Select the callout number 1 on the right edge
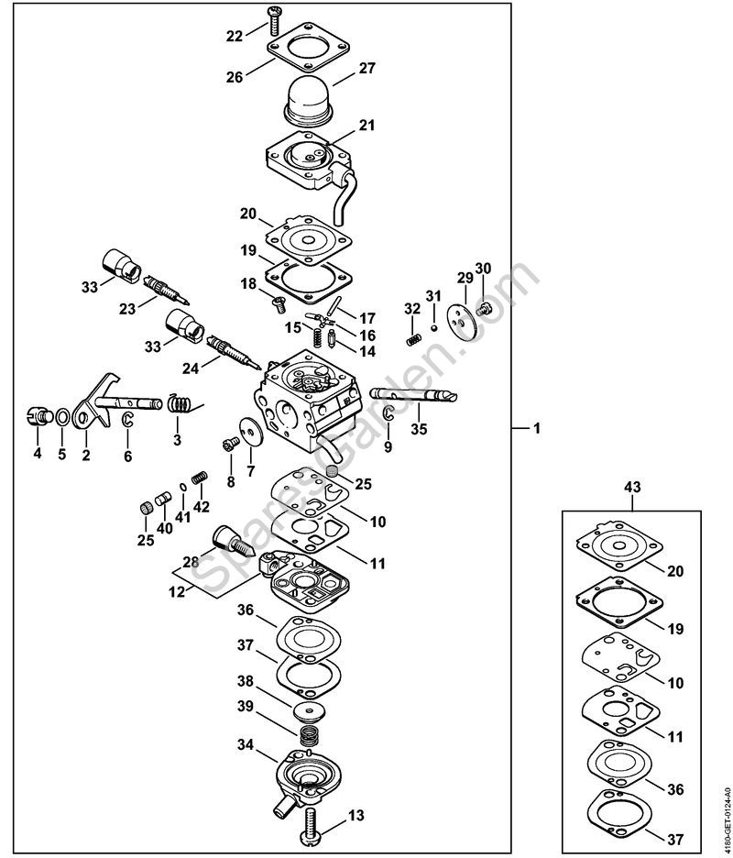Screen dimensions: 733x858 click(537, 428)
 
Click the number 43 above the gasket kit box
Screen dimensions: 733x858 click(632, 488)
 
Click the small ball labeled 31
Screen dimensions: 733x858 click(433, 328)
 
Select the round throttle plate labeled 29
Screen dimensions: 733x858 click(462, 324)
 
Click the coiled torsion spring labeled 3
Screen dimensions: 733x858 click(180, 403)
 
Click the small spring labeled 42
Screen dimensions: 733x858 click(201, 478)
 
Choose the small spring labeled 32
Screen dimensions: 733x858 click(413, 339)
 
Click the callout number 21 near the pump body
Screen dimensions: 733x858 click(367, 126)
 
